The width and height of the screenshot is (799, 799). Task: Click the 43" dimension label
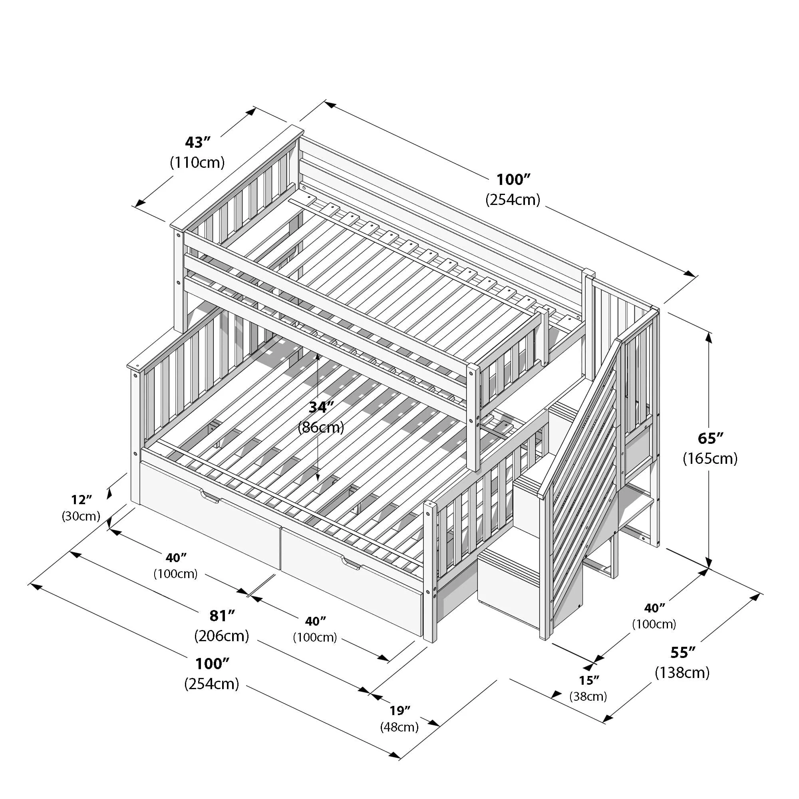click(198, 142)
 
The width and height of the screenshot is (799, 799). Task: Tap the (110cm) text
click(197, 163)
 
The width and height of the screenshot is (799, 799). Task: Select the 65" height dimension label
click(710, 438)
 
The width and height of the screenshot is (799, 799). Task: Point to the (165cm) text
click(710, 458)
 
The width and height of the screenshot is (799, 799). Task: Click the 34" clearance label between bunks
click(321, 407)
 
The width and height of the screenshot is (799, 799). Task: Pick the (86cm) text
click(321, 427)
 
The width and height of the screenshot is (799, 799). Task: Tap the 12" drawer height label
click(81, 500)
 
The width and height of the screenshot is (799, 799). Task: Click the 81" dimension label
click(222, 616)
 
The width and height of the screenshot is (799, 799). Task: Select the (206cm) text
click(222, 636)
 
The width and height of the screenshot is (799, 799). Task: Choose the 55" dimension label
click(682, 653)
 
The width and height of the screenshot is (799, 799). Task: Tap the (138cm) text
click(682, 672)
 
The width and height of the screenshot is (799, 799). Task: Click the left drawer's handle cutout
click(210, 496)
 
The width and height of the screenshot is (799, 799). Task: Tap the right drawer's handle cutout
click(351, 564)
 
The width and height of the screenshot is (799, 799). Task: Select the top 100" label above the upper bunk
click(513, 179)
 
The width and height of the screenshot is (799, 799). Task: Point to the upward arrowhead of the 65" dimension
click(709, 339)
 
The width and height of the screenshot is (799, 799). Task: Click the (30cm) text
click(81, 516)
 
